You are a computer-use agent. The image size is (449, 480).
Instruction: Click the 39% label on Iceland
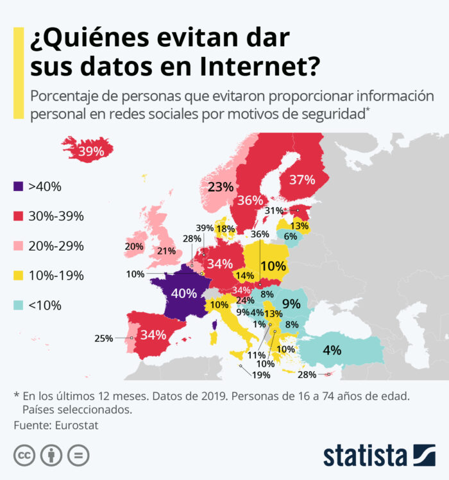point(91,151)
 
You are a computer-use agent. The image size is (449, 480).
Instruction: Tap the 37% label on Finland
point(302,179)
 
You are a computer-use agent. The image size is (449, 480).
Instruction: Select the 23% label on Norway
point(221,186)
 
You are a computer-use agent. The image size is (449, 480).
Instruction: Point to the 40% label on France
point(184,294)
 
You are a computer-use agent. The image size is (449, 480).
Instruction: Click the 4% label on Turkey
point(332,350)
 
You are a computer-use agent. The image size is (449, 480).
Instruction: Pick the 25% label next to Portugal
point(104,338)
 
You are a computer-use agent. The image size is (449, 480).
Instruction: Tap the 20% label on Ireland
point(134,246)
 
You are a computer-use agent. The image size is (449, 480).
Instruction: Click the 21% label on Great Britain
point(166,251)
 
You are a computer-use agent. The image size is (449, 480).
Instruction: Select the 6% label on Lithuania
point(290,236)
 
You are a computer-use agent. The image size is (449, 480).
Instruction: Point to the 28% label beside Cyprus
point(307,374)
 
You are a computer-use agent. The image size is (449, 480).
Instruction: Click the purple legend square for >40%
point(19,186)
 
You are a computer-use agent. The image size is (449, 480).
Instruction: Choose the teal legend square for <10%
point(19,305)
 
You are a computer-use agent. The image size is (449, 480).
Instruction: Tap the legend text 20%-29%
point(56,246)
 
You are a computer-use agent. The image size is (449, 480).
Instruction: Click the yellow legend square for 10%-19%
point(19,276)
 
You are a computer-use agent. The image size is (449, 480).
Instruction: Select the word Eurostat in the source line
point(76,425)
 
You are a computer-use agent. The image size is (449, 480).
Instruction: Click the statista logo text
point(366,456)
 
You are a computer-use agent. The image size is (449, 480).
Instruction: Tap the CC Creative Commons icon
point(24,455)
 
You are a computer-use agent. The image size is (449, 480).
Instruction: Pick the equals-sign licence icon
point(78,455)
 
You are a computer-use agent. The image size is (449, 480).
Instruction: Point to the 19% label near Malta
point(261,375)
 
